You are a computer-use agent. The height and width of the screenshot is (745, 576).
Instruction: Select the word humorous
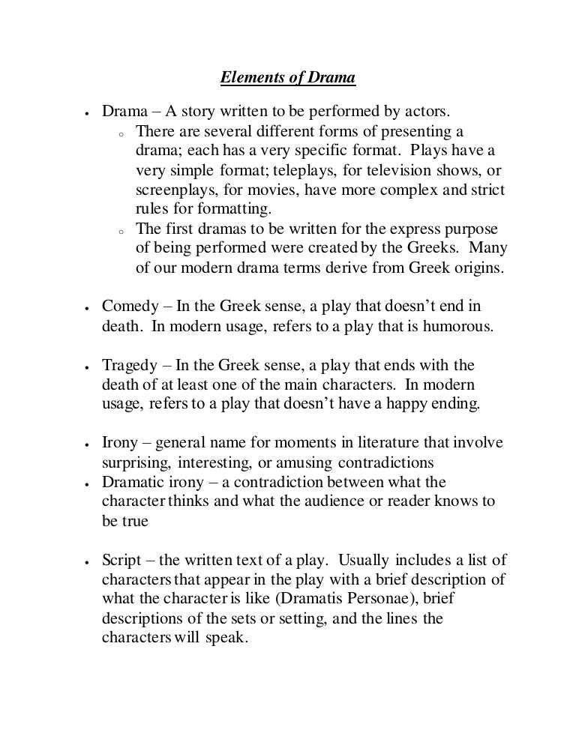(x=455, y=326)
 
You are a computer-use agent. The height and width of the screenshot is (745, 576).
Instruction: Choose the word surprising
(x=136, y=462)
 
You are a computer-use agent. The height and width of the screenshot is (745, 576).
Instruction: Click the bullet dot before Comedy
(x=88, y=308)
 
